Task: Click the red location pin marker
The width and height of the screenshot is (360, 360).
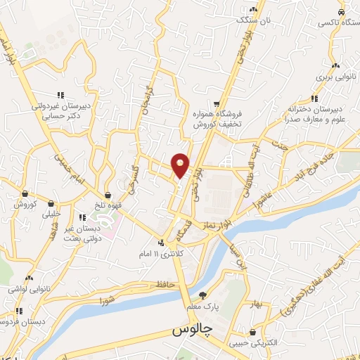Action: click(x=181, y=165)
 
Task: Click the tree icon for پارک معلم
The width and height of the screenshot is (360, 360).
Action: click(x=204, y=295)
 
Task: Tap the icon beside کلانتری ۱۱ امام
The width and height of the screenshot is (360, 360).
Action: click(x=162, y=243)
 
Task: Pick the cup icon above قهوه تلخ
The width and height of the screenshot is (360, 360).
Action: click(x=108, y=195)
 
